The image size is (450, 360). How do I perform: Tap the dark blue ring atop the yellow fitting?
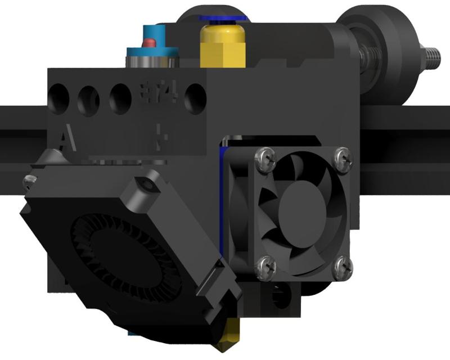(x=224, y=18)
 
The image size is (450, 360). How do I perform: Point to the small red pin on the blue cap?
(x=150, y=42)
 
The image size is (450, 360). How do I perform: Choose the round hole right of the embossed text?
(x=195, y=96)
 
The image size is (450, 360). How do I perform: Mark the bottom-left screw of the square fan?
(x=263, y=266)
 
